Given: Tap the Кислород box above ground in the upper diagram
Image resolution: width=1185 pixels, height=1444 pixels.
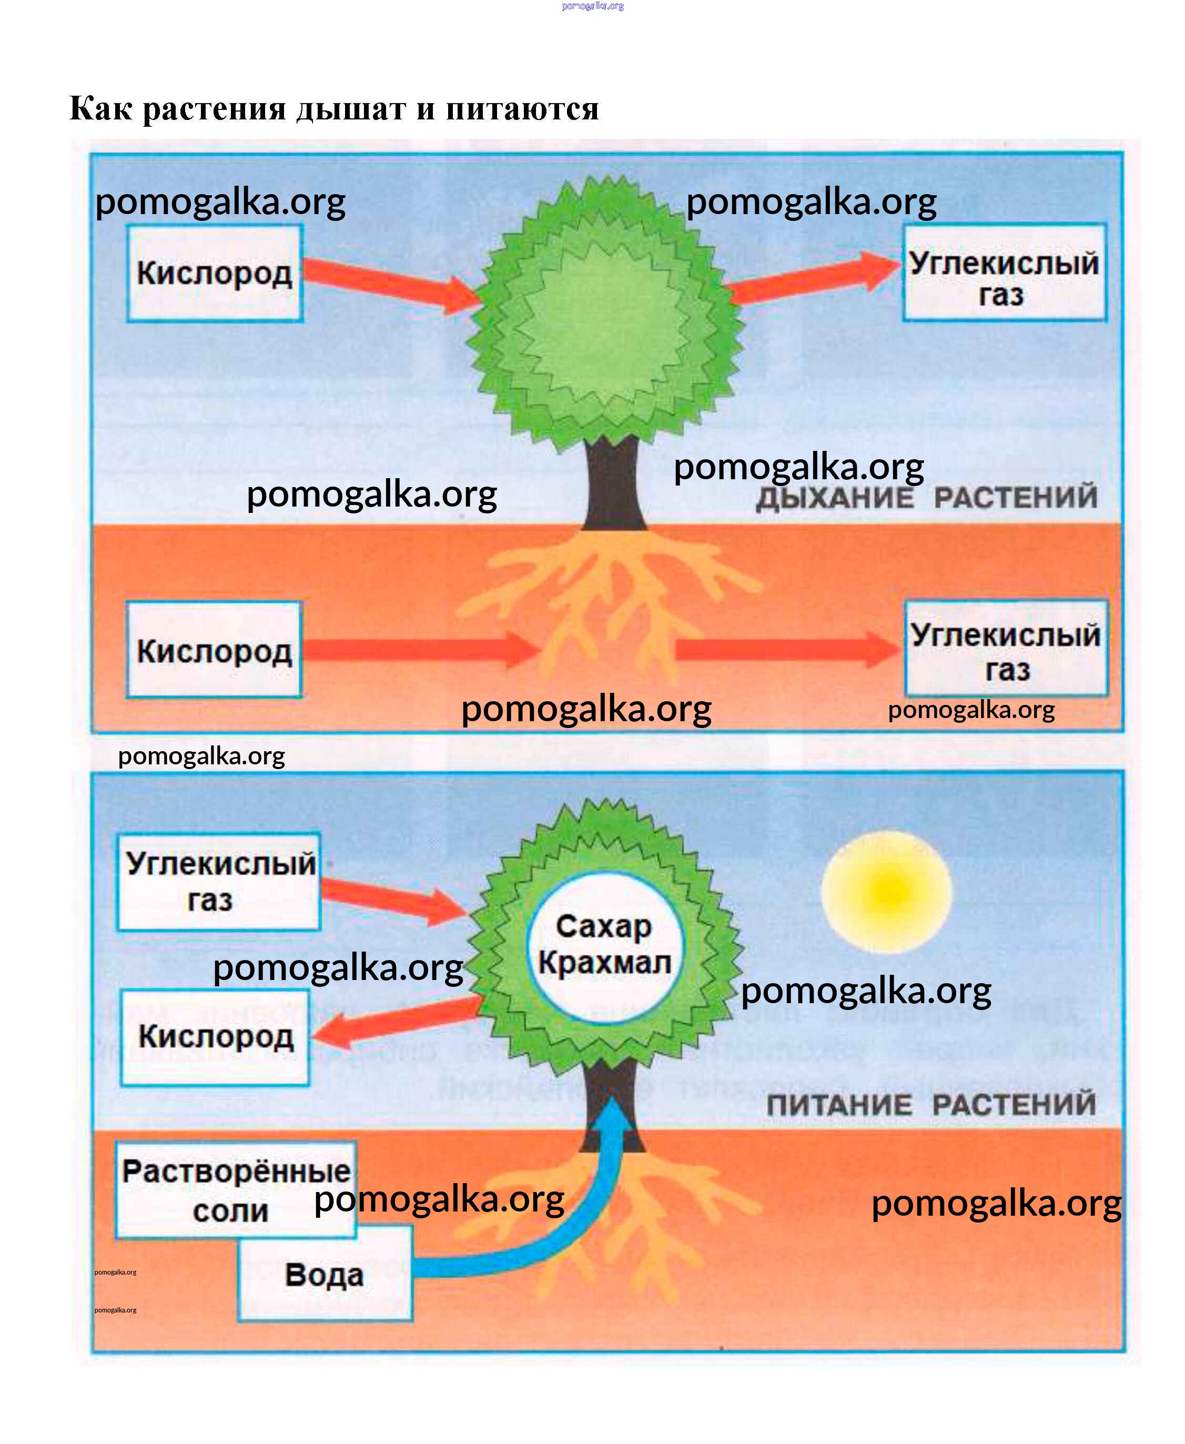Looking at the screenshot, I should click(215, 273).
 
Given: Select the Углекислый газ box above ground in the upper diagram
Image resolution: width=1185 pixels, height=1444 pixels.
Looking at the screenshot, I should click(1004, 273).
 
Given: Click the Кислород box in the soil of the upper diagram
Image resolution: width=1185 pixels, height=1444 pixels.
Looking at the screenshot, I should click(215, 650).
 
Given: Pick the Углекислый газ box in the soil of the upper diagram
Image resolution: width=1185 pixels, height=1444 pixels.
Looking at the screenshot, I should click(1006, 649).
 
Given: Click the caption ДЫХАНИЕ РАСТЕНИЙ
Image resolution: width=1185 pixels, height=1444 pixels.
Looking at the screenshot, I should click(926, 497).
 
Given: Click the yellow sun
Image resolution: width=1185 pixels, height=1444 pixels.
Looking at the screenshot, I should click(886, 891).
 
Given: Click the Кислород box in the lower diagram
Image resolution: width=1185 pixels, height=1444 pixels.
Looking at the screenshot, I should click(216, 1036).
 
